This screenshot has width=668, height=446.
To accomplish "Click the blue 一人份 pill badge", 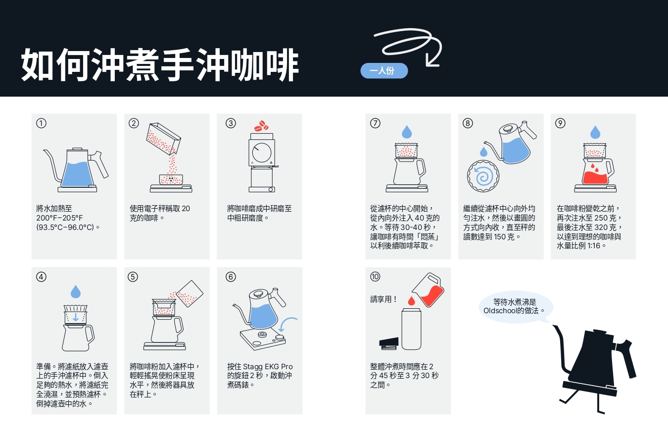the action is pyautogui.click(x=384, y=71).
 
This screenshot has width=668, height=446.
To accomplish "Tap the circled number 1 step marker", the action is pyautogui.click(x=41, y=123).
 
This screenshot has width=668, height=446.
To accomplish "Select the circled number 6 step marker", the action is pyautogui.click(x=231, y=277).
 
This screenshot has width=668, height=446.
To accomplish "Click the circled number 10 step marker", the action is pyautogui.click(x=375, y=277).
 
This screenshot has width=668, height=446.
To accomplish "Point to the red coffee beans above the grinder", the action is pyautogui.click(x=261, y=126).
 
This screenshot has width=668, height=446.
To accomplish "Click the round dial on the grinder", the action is pyautogui.click(x=262, y=152).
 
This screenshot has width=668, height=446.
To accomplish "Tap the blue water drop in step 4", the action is pyautogui.click(x=76, y=291).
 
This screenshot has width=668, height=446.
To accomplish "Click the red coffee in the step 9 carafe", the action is pyautogui.click(x=595, y=178).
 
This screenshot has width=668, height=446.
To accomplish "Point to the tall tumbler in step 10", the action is pyautogui.click(x=411, y=329).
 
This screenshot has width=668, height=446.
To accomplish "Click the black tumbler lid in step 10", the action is pyautogui.click(x=389, y=343).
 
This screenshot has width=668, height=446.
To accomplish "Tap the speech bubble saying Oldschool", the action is pyautogui.click(x=516, y=307).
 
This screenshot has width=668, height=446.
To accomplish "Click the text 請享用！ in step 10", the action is pyautogui.click(x=384, y=299).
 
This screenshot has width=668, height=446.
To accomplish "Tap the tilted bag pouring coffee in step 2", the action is pyautogui.click(x=163, y=139).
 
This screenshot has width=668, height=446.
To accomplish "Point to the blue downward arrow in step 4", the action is pyautogui.click(x=76, y=317).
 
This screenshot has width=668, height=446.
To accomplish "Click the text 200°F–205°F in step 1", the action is pyautogui.click(x=59, y=218).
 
